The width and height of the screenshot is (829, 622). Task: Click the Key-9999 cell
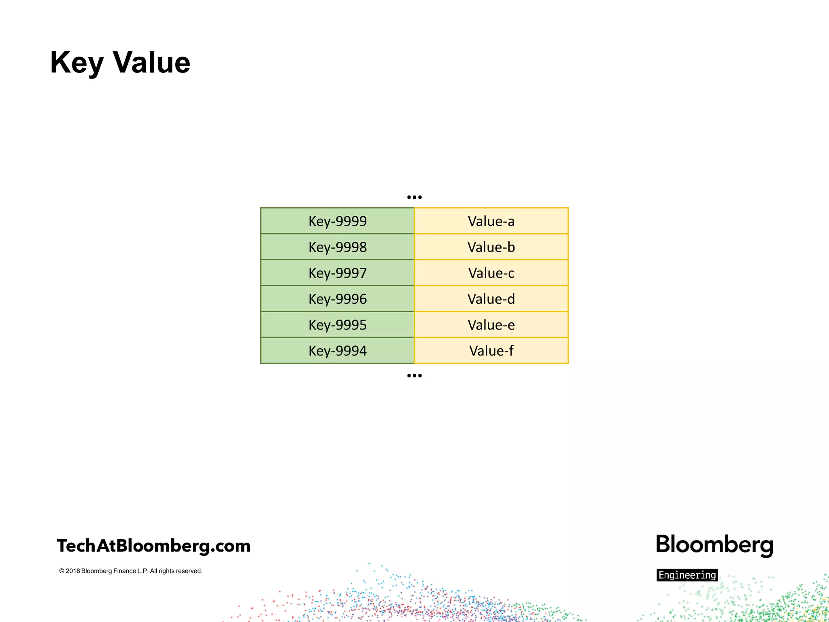337,221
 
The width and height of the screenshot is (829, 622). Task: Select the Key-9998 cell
337,247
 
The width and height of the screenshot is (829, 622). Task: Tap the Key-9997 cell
337,273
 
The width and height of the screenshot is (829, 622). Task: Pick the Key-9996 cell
337,299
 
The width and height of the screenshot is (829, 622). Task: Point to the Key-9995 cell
337,325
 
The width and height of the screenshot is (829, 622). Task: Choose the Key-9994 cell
337,351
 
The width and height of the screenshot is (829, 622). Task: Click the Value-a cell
491,221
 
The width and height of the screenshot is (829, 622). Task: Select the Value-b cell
491,247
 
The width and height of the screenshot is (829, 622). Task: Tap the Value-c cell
491,273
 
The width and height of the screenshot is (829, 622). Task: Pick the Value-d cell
491,299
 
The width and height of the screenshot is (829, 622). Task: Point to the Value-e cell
491,325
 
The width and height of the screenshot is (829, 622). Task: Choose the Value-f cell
491,351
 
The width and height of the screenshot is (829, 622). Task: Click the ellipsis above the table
414,197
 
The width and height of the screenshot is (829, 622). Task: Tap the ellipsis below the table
414,376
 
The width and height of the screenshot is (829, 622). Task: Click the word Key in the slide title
77,63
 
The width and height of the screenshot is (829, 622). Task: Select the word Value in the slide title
151,62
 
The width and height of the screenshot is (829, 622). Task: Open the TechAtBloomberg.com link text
153,546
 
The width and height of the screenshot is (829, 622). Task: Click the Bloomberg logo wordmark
714,545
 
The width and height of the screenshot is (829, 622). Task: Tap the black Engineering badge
687,575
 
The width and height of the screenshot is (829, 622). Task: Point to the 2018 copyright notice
131,571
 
